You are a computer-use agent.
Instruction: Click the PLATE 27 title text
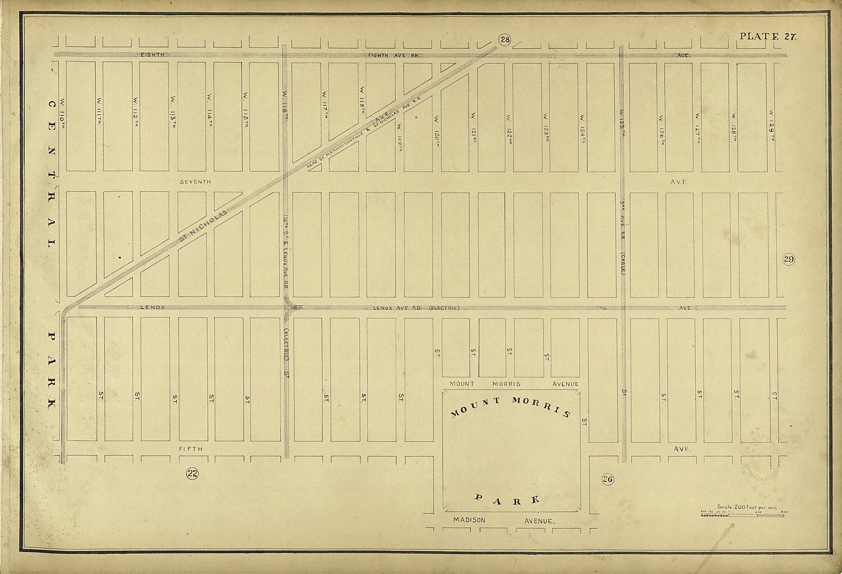click(768, 36)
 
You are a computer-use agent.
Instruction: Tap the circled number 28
click(505, 40)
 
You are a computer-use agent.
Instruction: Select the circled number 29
click(789, 259)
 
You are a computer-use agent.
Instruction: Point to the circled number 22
click(192, 474)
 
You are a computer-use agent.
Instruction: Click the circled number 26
click(608, 479)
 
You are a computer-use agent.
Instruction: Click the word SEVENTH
click(195, 182)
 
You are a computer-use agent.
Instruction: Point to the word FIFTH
click(191, 449)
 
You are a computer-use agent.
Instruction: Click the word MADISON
click(469, 520)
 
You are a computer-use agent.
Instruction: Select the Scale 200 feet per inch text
click(747, 507)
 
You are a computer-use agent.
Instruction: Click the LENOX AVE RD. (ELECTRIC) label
click(416, 308)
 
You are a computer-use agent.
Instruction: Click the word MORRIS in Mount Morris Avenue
click(506, 384)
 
